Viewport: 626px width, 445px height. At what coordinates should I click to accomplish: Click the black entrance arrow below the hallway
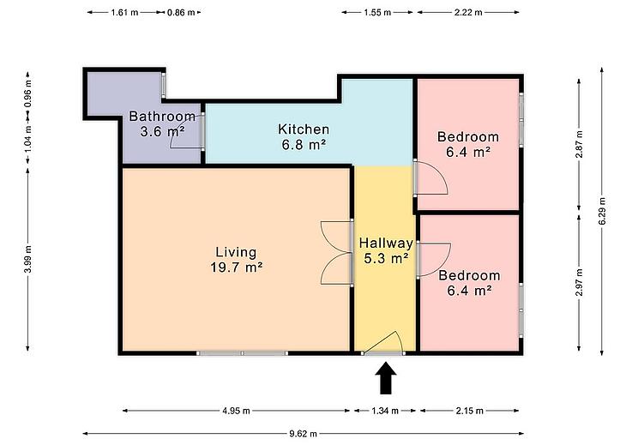click(x=386, y=378)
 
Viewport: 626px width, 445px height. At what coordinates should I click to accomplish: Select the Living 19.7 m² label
click(x=237, y=260)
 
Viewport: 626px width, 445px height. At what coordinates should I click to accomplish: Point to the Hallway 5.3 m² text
click(x=386, y=250)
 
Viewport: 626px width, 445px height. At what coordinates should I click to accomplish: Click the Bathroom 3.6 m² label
click(x=162, y=123)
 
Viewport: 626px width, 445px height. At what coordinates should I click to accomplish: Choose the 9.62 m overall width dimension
click(x=303, y=434)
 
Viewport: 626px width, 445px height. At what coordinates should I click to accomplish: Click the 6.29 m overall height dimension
click(x=602, y=211)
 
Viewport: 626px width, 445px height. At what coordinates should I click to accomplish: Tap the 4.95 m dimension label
click(x=237, y=411)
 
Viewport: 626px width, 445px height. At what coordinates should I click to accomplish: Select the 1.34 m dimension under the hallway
click(x=385, y=411)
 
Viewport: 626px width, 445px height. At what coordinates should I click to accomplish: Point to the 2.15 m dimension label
click(x=470, y=411)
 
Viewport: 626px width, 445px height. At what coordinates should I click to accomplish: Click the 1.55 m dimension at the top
click(x=377, y=12)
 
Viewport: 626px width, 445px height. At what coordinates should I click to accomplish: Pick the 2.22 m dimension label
click(x=468, y=12)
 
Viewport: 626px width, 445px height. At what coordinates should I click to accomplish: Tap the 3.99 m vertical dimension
click(x=27, y=259)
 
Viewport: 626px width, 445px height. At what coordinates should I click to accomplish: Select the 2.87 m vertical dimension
click(x=580, y=144)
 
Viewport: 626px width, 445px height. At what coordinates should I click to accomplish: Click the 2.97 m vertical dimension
click(x=580, y=283)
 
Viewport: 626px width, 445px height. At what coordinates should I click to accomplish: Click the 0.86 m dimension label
click(x=181, y=12)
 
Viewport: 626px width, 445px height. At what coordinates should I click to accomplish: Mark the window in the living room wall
click(x=242, y=353)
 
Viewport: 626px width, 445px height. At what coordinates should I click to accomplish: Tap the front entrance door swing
click(x=384, y=343)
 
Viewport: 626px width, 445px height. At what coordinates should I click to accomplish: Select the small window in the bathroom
click(x=164, y=85)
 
